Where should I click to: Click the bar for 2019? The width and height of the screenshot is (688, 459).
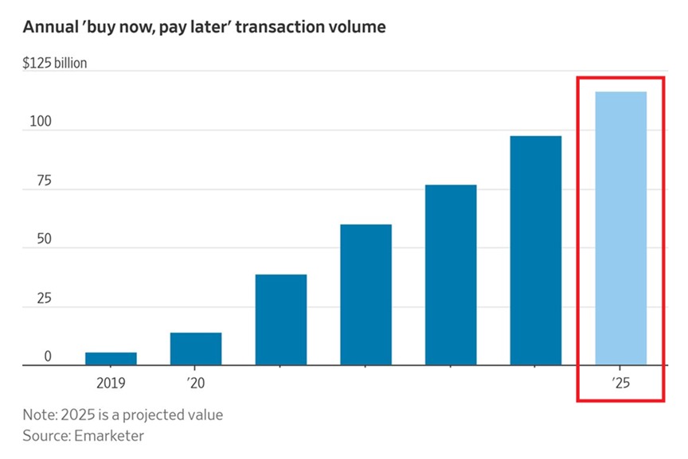click(111, 359)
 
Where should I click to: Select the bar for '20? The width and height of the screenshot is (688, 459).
click(196, 349)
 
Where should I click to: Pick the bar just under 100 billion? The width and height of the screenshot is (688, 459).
click(536, 251)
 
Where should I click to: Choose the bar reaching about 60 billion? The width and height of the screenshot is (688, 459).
click(365, 295)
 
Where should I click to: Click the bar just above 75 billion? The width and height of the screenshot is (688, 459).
click(451, 275)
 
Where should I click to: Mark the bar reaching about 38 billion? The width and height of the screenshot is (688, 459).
click(281, 320)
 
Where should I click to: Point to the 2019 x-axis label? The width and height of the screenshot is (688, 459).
click(111, 383)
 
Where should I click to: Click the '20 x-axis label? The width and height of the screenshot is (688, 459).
click(196, 383)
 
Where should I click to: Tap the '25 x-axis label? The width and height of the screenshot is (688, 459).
click(621, 383)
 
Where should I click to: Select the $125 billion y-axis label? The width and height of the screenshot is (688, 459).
click(55, 64)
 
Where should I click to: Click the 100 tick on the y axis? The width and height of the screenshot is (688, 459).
click(37, 123)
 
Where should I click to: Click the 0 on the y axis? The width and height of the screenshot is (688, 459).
click(48, 357)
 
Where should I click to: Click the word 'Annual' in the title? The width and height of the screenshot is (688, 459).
click(49, 28)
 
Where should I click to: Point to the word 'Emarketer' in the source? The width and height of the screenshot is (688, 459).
click(111, 436)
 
